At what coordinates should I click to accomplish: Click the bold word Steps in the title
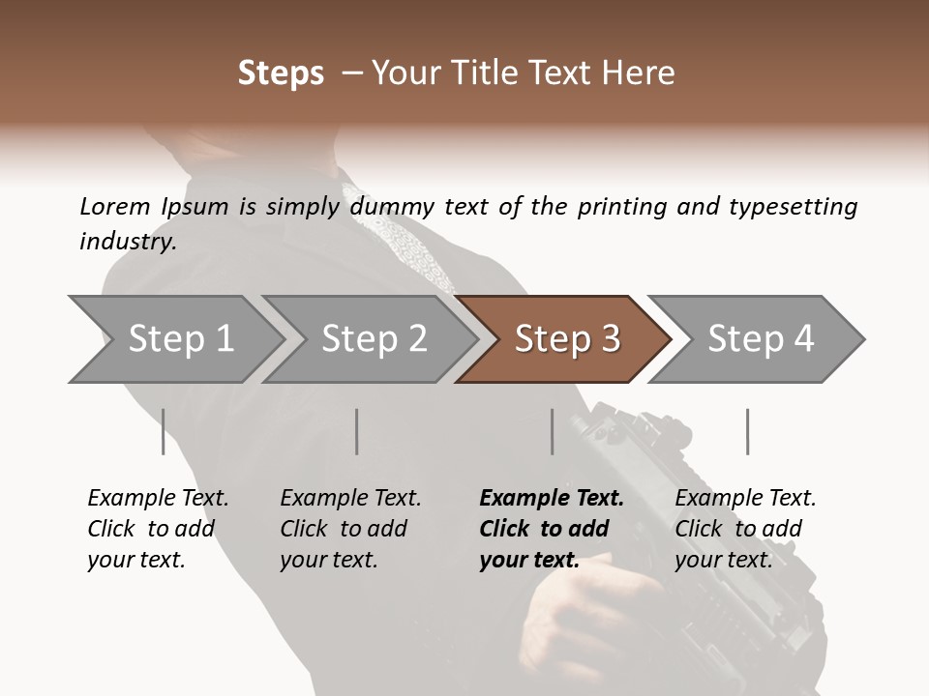(x=281, y=73)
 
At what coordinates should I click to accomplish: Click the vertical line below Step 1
(x=163, y=431)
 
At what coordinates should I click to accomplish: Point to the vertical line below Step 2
(x=357, y=431)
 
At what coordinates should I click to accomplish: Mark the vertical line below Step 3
(x=552, y=431)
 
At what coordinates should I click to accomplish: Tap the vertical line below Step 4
(x=747, y=431)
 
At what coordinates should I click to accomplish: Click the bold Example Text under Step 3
(x=552, y=529)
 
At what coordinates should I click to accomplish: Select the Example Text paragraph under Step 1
(x=158, y=529)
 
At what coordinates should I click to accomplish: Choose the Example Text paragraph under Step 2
(x=350, y=529)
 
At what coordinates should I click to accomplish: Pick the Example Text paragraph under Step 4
(x=745, y=529)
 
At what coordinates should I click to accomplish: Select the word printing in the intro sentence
(x=618, y=207)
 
